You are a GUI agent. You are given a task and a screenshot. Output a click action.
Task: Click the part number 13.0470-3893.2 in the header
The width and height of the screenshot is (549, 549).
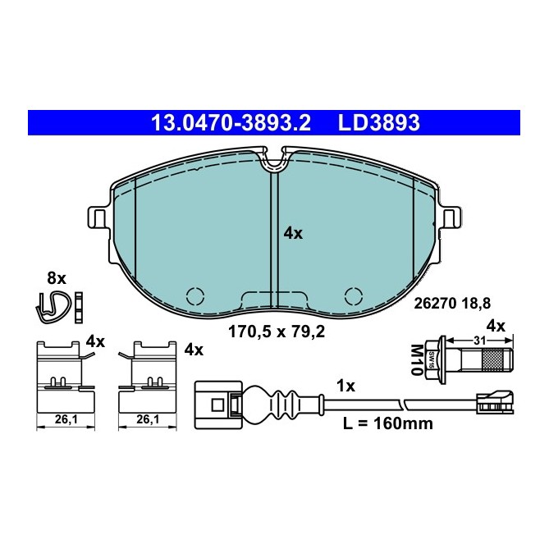[x=230, y=123]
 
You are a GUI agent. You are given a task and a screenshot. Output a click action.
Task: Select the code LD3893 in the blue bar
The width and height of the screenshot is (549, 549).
[x=378, y=123]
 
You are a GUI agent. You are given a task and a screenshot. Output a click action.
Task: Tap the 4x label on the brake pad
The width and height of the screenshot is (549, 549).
[x=293, y=233]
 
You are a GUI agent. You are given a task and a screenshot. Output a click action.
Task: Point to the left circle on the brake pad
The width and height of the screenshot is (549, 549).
[x=196, y=295]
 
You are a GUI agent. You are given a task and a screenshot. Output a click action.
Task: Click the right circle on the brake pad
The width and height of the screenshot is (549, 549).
[x=354, y=295]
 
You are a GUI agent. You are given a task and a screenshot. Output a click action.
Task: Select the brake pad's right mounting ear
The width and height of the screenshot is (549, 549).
[x=451, y=218]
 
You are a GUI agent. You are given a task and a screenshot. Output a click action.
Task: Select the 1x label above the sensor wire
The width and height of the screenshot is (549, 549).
[x=347, y=385]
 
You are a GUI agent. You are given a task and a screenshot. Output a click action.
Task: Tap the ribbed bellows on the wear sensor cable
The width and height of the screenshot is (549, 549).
[x=270, y=404]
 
